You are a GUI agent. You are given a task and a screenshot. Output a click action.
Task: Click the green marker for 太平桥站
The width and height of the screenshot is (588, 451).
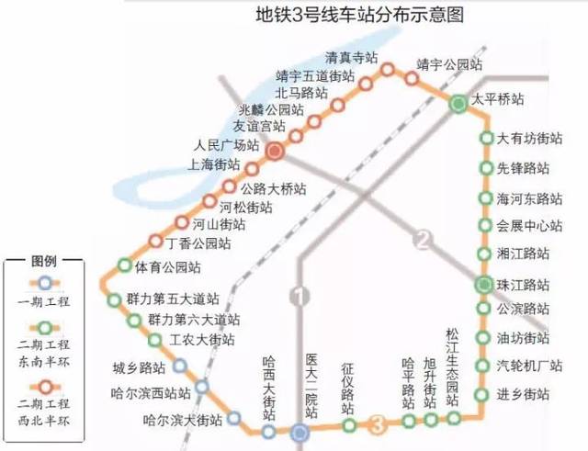(x=458, y=105)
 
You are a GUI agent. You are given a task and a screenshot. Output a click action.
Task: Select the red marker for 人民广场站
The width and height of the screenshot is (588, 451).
(x=275, y=151)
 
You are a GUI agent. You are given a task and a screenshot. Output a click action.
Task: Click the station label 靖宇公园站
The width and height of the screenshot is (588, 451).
(x=448, y=64)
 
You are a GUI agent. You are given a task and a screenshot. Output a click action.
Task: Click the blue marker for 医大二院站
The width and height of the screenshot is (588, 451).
(x=300, y=432)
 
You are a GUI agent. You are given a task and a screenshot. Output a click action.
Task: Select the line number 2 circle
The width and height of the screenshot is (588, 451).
(x=422, y=241)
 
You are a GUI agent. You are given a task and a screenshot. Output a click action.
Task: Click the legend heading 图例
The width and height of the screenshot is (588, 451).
(x=44, y=260)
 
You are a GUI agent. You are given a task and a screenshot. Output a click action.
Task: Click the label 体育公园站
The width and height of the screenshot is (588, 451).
(x=168, y=267)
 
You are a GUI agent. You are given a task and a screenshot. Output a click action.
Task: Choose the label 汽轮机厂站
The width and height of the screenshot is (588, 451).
(x=529, y=366)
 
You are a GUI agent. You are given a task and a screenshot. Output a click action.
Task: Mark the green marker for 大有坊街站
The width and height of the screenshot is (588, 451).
(x=486, y=139)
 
